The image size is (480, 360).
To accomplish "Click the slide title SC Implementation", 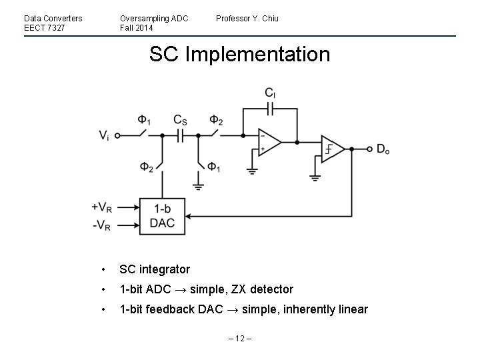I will [239, 54].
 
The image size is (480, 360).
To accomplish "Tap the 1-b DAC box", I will [162, 216].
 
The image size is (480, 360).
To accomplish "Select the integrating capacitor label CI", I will [270, 93].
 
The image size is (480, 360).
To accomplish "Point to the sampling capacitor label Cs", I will [180, 120].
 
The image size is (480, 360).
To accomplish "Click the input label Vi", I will [105, 135].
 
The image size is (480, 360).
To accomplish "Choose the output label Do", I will [383, 149].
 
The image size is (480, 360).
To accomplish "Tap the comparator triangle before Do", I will [332, 149].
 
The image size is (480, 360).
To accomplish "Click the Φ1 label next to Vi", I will [144, 120].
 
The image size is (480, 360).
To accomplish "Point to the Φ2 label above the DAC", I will [146, 166].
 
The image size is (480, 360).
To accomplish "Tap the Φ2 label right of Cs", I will [215, 120].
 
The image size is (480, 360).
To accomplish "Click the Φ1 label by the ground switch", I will [213, 166].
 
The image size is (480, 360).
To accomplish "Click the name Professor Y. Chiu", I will [247, 18].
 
